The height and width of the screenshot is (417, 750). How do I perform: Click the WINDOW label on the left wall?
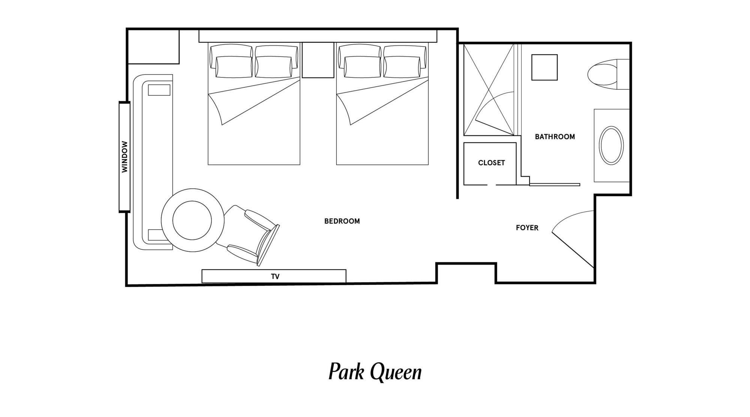pyautogui.click(x=125, y=157)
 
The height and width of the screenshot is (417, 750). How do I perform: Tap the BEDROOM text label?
pyautogui.click(x=342, y=221)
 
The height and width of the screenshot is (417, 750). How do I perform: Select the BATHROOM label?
pyautogui.click(x=555, y=137)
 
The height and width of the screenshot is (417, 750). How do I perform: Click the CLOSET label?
pyautogui.click(x=491, y=163)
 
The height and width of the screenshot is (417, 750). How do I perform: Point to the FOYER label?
pyautogui.click(x=527, y=228)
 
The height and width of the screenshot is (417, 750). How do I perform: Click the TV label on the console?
pyautogui.click(x=275, y=277)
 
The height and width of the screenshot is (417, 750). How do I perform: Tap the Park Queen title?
pyautogui.click(x=375, y=372)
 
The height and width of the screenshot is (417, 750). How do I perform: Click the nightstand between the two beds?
pyautogui.click(x=318, y=60)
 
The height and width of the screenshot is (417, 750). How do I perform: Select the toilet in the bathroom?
pyautogui.click(x=608, y=74)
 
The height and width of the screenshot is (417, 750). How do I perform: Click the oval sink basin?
pyautogui.click(x=611, y=146)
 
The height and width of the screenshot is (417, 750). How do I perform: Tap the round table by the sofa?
pyautogui.click(x=193, y=220)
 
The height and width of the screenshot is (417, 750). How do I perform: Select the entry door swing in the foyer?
pyautogui.click(x=573, y=239)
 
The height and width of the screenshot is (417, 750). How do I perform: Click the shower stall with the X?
pyautogui.click(x=489, y=90)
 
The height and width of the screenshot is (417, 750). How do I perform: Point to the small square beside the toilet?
pyautogui.click(x=544, y=67)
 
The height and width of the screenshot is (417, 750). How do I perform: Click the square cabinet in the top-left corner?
pyautogui.click(x=154, y=47)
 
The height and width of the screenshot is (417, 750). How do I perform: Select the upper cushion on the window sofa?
pyautogui.click(x=159, y=90)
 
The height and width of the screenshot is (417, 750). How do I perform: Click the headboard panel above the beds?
pyautogui.click(x=318, y=36)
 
